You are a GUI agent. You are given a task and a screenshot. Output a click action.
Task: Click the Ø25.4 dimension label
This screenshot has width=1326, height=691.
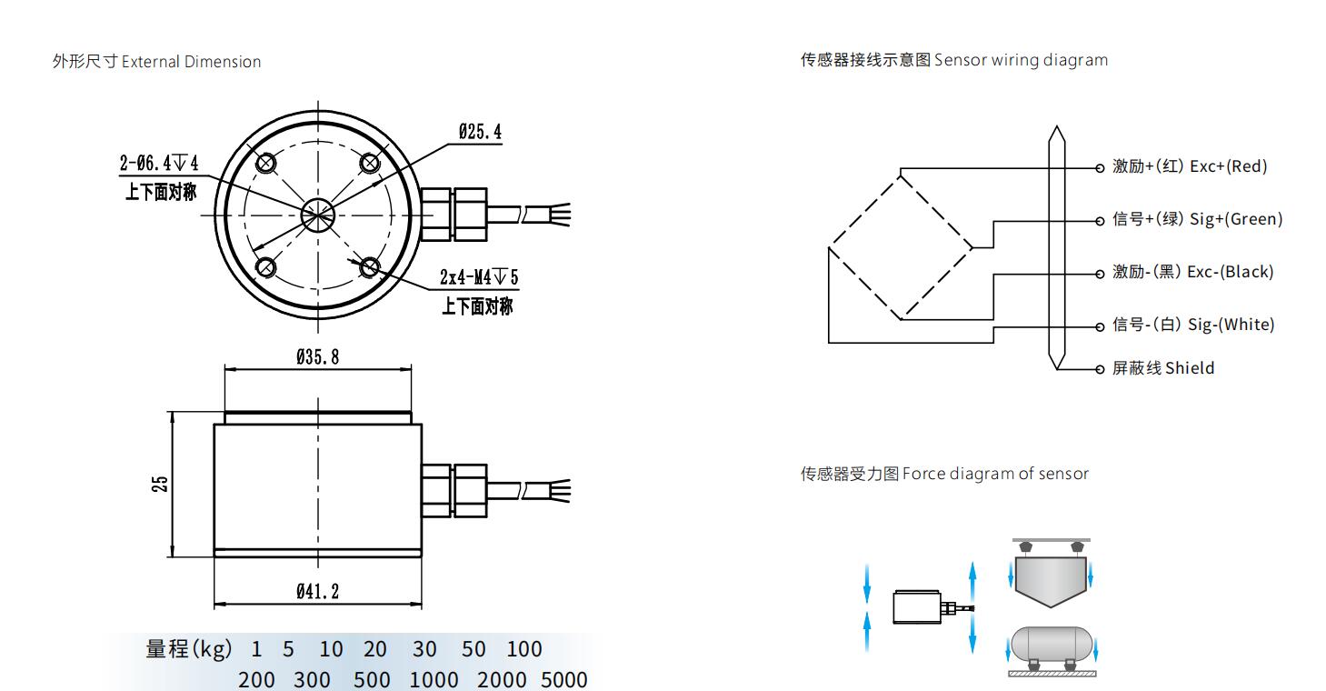point(480,132)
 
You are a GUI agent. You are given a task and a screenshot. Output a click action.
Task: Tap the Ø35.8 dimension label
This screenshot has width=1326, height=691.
point(317,357)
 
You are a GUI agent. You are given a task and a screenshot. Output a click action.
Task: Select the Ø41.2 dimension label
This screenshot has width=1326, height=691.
point(317,592)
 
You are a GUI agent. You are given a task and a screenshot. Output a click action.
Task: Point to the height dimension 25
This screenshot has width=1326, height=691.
point(160,483)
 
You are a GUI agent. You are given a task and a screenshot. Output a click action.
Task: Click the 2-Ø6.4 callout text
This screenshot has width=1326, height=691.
point(159,164)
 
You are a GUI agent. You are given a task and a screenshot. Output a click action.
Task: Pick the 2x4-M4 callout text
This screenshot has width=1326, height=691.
point(478,276)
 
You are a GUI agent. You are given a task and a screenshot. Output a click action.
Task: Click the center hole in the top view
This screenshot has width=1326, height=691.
point(318,215)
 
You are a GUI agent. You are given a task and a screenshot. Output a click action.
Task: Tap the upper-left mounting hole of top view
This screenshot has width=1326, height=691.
point(266,163)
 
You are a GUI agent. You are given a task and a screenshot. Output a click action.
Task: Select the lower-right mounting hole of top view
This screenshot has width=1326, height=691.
point(369,266)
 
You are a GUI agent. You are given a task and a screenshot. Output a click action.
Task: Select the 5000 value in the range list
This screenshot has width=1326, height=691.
point(563,680)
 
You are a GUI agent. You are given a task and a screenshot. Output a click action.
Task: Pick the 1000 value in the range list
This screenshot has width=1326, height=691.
point(433,680)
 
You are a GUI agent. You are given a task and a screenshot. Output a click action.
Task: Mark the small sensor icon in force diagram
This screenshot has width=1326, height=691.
point(916,606)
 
